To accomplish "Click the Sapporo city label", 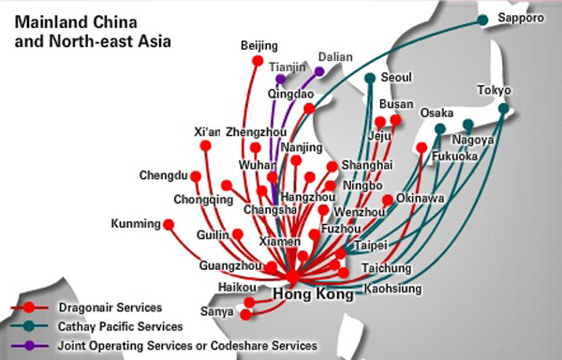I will (x=521, y=18).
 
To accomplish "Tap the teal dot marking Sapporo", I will (x=483, y=19).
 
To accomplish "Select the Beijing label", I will (x=259, y=45).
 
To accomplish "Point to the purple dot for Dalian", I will (x=319, y=70).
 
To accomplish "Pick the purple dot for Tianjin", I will (x=280, y=79).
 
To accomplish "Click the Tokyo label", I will (x=495, y=90).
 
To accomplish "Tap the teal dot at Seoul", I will (x=371, y=78).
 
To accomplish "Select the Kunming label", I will (x=136, y=224).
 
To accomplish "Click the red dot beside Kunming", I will (x=169, y=224).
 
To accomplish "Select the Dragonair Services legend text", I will (x=107, y=307).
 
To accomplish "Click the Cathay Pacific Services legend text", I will (x=120, y=326).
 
